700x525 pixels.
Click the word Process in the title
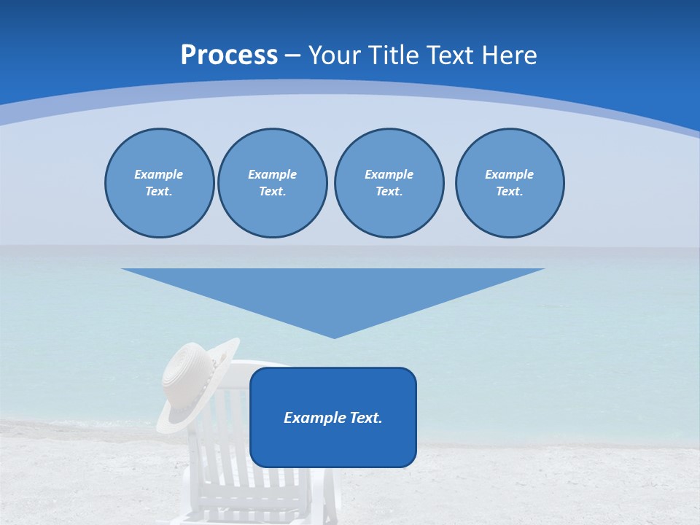point(229,55)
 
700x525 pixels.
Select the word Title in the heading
point(397,55)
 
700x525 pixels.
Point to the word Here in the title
point(511,55)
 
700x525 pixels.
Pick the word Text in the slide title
point(452,55)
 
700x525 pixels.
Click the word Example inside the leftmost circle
point(159,174)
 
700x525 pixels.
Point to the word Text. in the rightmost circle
point(510,191)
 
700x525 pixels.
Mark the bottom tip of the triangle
point(334,336)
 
